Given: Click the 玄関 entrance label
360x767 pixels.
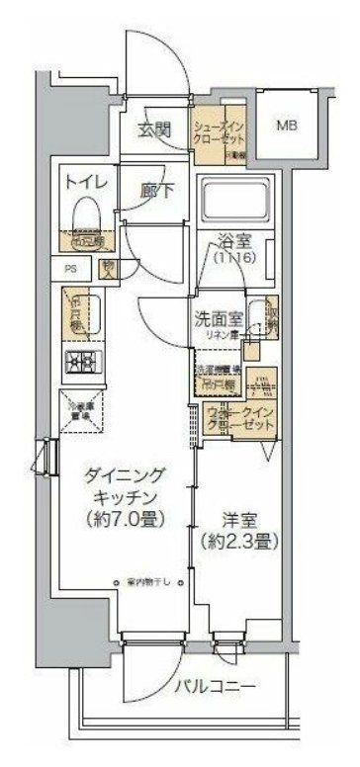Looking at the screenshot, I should pyautogui.click(x=154, y=128).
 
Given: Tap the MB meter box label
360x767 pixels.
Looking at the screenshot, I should pyautogui.click(x=286, y=127).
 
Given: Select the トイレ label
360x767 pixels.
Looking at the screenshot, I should pyautogui.click(x=82, y=183).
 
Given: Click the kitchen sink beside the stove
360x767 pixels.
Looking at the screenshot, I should pyautogui.click(x=75, y=313).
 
